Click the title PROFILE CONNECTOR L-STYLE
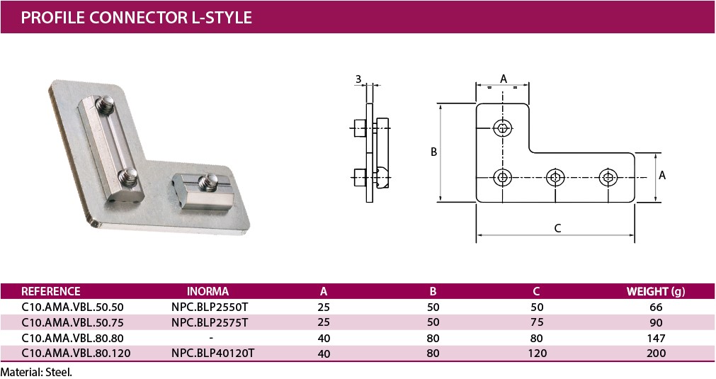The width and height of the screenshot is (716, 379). coord(136,17)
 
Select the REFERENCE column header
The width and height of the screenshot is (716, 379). coord(51,291)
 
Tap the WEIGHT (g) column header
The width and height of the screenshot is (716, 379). coord(655,291)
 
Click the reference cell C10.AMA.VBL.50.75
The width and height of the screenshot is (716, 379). coord(73,322)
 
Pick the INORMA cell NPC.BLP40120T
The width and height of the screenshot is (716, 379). coord(212,353)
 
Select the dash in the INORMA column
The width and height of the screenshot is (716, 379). coord(211,338)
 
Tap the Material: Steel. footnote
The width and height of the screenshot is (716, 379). coord(37,371)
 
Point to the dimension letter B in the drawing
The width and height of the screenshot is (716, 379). coord(433,152)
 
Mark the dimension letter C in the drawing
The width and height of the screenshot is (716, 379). coord(557,227)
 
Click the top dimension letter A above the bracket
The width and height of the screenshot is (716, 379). coord(504,78)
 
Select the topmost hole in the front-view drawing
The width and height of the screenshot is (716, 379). coord(503,128)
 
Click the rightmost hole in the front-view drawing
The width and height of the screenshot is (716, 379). coord(607,177)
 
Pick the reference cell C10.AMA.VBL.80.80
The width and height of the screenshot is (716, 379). coord(73,338)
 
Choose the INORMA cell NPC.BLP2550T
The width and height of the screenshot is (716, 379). coord(210,307)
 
